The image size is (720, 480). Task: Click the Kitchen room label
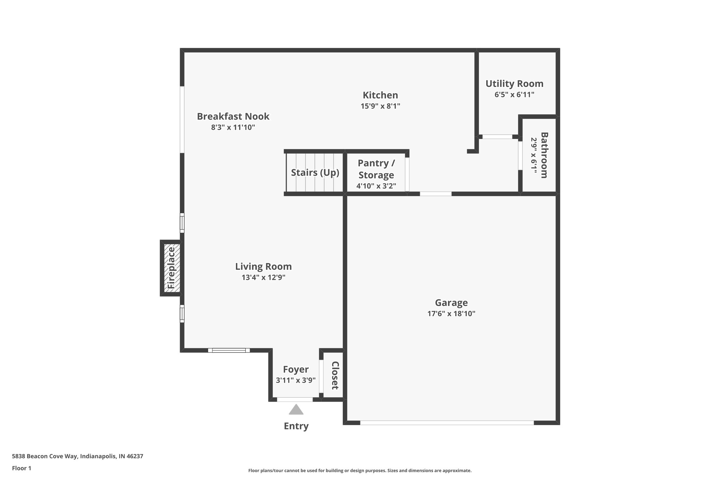[380, 95]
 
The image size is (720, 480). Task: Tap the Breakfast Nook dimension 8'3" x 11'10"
[233, 127]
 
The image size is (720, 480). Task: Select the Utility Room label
[514, 84]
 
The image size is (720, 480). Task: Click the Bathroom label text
[544, 155]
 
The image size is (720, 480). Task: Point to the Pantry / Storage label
[376, 169]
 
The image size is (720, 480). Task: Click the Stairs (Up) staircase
[315, 173]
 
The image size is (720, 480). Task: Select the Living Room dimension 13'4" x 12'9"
[263, 277]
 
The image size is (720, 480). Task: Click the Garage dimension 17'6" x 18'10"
[451, 314]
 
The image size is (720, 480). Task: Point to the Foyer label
[296, 370]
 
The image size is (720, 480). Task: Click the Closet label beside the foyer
[335, 375]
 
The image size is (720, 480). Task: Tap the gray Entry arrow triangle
[296, 410]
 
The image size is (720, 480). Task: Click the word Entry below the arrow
[296, 426]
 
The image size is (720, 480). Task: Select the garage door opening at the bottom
[446, 423]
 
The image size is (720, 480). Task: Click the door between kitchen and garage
[436, 194]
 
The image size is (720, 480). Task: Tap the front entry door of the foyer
[295, 399]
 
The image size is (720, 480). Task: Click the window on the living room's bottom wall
[229, 350]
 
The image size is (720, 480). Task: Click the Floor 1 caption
[21, 468]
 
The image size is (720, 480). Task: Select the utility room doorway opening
[497, 137]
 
